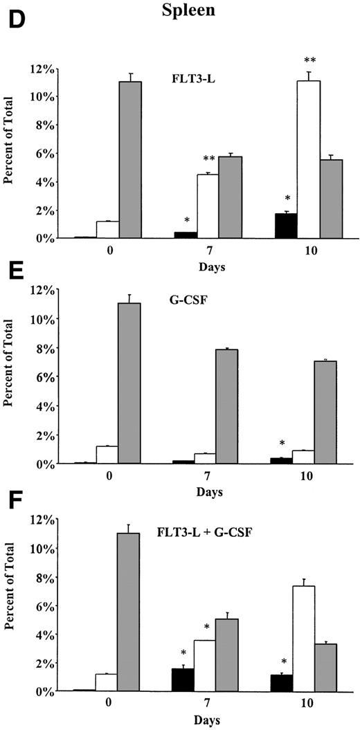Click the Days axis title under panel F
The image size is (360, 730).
(193, 720)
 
